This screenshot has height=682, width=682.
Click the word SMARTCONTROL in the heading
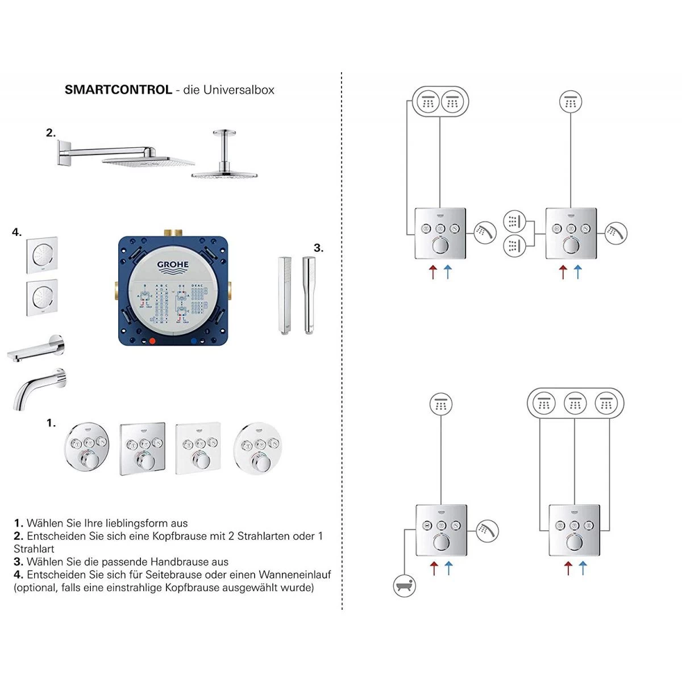tap(118, 90)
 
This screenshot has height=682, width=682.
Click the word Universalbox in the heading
tap(239, 90)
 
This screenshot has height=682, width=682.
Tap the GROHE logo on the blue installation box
tap(173, 264)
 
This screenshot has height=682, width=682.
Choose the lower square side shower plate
tap(41, 297)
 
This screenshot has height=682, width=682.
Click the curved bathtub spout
tap(39, 388)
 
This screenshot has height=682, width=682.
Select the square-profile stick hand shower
tap(285, 296)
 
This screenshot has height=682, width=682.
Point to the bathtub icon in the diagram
tap(405, 585)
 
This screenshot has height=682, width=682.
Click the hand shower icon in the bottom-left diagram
tap(487, 531)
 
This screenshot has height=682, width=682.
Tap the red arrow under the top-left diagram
tap(433, 272)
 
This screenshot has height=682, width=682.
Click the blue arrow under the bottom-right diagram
tap(583, 567)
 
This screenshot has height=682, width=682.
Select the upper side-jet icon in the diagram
tap(514, 221)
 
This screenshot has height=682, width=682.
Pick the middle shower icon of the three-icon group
tap(575, 404)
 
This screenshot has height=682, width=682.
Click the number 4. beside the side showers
tap(17, 232)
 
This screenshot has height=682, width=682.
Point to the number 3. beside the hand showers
tap(318, 248)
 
